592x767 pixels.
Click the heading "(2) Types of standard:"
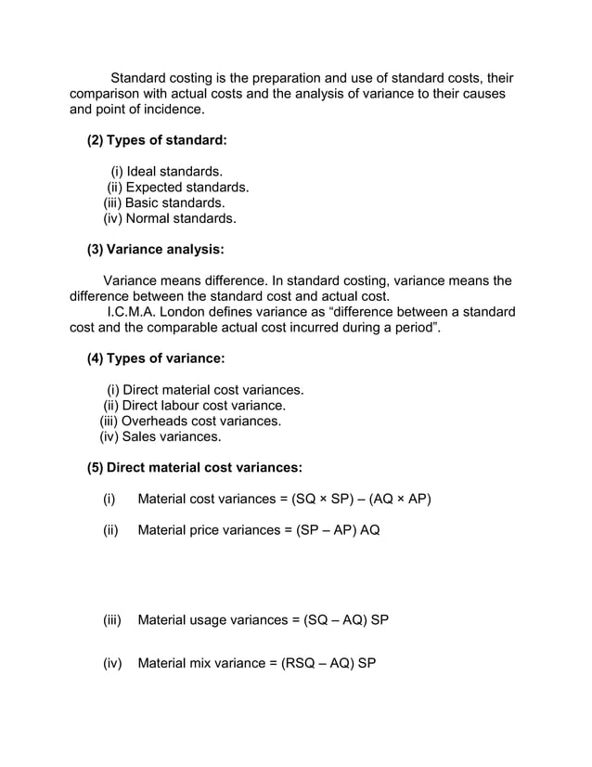pos(156,140)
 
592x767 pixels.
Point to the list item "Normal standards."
pos(180,219)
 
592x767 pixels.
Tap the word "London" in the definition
pos(196,311)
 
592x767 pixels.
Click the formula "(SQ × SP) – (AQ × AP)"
pos(361,499)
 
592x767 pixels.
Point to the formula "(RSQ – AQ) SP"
pos(328,664)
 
